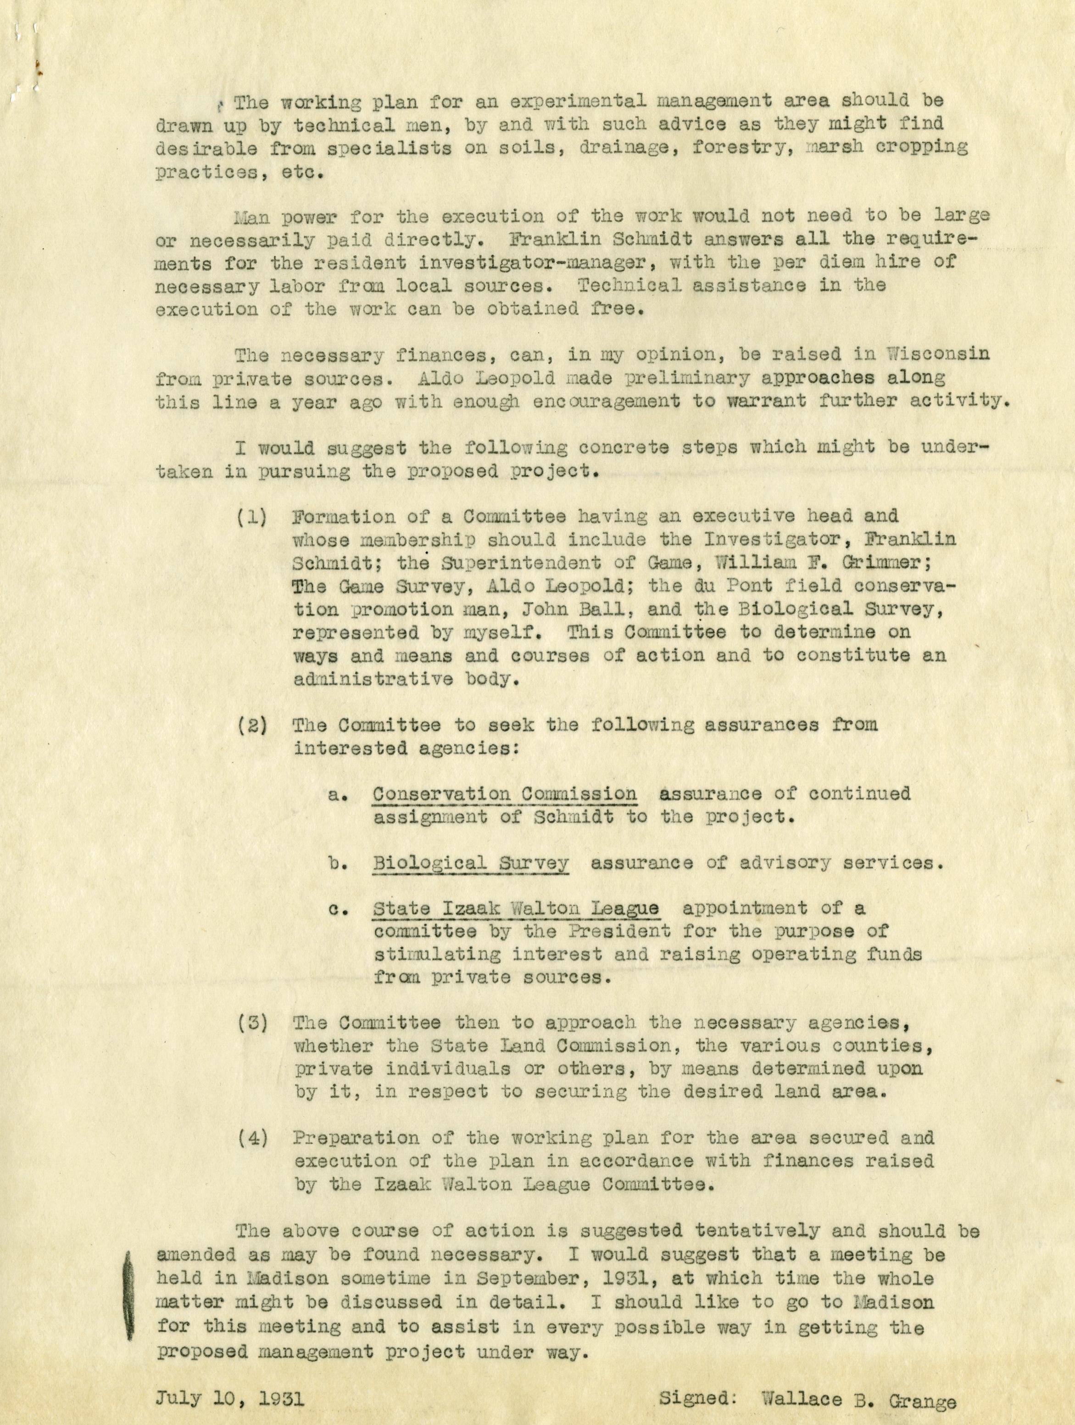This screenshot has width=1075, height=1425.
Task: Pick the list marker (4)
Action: [x=252, y=1138]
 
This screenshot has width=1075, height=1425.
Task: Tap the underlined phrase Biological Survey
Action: [x=470, y=863]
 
